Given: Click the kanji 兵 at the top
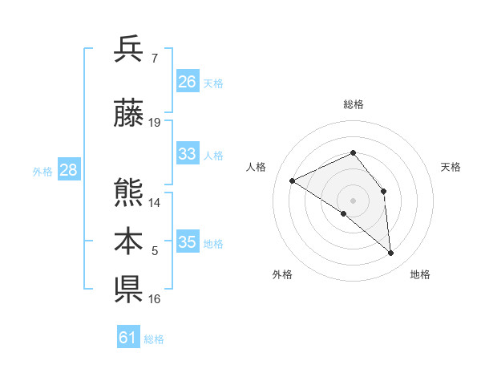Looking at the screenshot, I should pyautogui.click(x=129, y=50).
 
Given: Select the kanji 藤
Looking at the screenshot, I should pyautogui.click(x=129, y=115).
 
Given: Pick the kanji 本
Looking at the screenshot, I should pyautogui.click(x=129, y=241).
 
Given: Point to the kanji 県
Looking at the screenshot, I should pyautogui.click(x=129, y=290).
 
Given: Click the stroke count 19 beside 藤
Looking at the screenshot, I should pyautogui.click(x=155, y=123).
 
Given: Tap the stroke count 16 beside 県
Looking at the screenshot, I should pyautogui.click(x=155, y=299).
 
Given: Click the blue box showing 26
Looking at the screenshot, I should pyautogui.click(x=188, y=82).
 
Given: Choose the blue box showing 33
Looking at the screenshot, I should pyautogui.click(x=188, y=154).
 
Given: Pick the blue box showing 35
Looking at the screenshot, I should pyautogui.click(x=188, y=242).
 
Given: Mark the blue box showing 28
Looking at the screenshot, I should pyautogui.click(x=68, y=170).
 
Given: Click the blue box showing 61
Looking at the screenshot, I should pyautogui.click(x=128, y=338).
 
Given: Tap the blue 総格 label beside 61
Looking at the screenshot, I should pyautogui.click(x=154, y=339).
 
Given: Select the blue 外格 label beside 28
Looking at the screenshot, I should pyautogui.click(x=42, y=171).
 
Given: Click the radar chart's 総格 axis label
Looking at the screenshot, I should pyautogui.click(x=354, y=104).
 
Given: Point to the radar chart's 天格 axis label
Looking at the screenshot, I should pyautogui.click(x=451, y=167).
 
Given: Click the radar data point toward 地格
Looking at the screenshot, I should pyautogui.click(x=391, y=253).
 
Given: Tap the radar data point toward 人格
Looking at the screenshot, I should pyautogui.click(x=293, y=180).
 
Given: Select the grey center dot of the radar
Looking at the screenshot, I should pyautogui.click(x=354, y=200).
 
